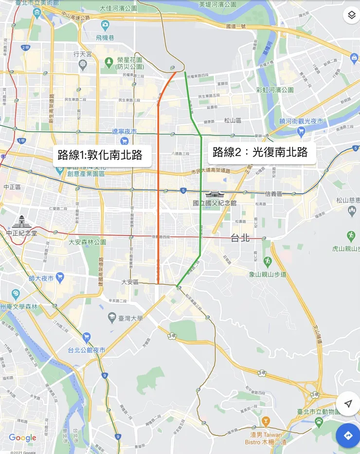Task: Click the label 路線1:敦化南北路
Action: click(100, 155)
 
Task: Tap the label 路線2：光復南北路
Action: click(260, 152)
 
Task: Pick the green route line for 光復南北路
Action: click(201, 204)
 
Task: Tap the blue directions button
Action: click(348, 435)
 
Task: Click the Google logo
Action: click(22, 438)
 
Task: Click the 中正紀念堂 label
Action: click(21, 234)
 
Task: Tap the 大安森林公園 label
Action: click(87, 242)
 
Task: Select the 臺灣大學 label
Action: click(132, 318)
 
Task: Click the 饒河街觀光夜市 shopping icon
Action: click(301, 131)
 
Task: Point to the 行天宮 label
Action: click(83, 54)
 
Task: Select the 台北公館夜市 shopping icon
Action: click(87, 337)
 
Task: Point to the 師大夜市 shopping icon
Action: click(60, 278)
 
